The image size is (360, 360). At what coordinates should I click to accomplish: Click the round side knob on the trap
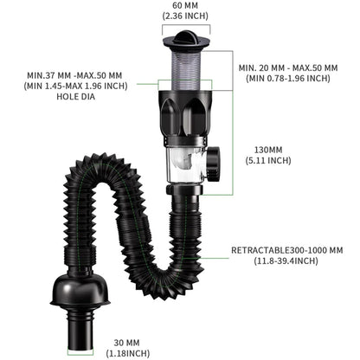212,162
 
